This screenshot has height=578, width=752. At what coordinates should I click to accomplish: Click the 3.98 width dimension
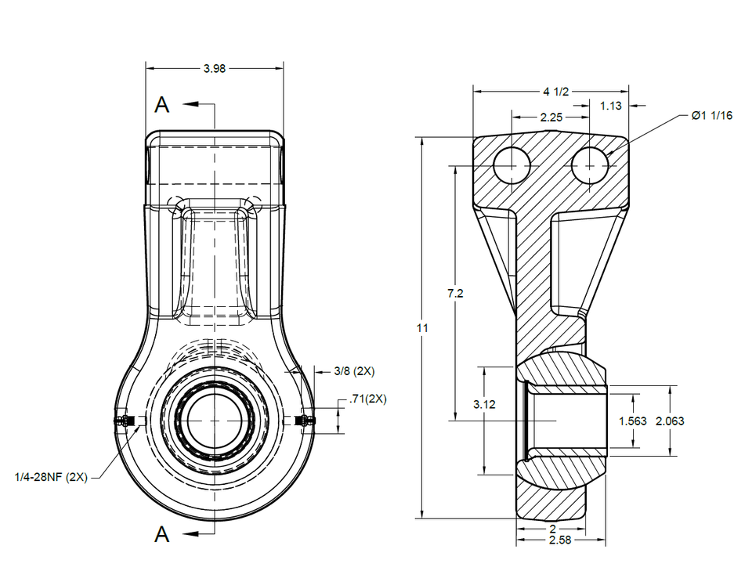coord(214,69)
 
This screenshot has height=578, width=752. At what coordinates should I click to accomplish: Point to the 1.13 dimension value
coord(611,106)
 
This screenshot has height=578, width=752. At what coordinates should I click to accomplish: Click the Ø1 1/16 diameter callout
coord(711,115)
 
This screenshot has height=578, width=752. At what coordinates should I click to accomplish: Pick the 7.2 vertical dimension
coord(454,294)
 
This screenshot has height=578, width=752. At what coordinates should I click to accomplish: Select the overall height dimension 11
coord(422,329)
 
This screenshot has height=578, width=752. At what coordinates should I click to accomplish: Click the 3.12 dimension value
coord(484,405)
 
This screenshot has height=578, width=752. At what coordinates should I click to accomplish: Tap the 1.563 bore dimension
coord(632,421)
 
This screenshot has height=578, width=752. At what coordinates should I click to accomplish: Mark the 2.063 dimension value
coord(670,421)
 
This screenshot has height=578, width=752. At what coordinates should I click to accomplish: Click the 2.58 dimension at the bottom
coord(559,540)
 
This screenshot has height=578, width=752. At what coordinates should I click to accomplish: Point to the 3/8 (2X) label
coord(354,370)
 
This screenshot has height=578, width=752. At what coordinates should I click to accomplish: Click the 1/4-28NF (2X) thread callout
coord(51,476)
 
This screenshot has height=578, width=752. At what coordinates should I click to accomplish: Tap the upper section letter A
coord(162,104)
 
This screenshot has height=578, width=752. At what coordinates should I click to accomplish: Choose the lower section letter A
coord(162,535)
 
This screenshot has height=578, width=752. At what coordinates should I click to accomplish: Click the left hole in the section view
coord(512,166)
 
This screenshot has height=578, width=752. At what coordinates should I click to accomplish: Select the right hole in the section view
coord(590,166)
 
